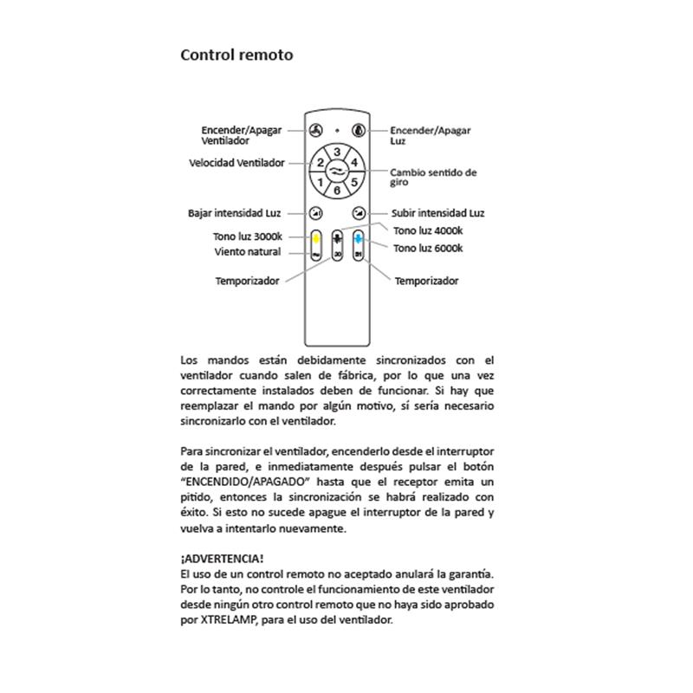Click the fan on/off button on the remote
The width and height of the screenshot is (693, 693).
coord(314,132)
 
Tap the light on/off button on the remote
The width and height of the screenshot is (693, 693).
coord(359,132)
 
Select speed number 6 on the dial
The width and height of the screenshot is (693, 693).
coord(337,189)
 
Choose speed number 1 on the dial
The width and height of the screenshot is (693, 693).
coord(321,182)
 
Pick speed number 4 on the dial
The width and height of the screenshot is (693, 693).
coord(354,162)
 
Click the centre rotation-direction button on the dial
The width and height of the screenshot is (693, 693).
coord(337,172)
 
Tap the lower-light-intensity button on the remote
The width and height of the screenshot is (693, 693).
coord(316,213)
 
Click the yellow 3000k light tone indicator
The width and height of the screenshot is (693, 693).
coord(316,237)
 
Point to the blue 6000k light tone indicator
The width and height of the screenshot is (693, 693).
coord(358,237)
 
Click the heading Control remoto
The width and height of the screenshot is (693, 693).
coord(236,55)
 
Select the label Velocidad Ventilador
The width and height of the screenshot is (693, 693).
coord(236,163)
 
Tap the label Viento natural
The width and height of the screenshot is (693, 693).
coord(248,252)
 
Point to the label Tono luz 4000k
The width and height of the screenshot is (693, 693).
coord(428,230)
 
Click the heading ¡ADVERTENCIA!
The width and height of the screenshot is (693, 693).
coord(222,559)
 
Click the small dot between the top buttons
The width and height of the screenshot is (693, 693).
coord(337,131)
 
